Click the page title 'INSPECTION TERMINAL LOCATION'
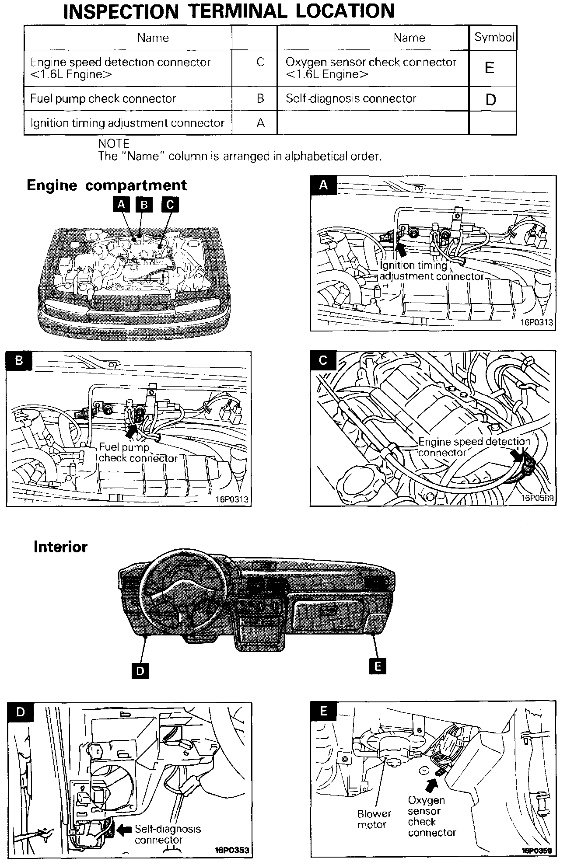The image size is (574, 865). coord(229,11)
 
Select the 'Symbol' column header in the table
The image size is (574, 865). coord(493,38)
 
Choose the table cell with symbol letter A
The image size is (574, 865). coord(260,123)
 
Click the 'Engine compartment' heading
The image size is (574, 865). coord(107,185)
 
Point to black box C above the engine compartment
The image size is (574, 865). coord(170,204)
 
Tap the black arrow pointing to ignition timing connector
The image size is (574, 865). coord(401,249)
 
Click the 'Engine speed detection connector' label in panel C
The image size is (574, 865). coord(474,446)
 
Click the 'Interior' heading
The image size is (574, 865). coord(60,547)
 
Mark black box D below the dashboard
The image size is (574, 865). coord(140,670)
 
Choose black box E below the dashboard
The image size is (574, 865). coord(377,666)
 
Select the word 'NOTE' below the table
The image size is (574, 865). coord(114,144)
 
